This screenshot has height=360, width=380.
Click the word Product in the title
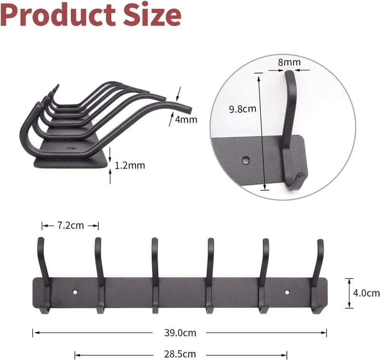58,15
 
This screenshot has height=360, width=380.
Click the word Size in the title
152,15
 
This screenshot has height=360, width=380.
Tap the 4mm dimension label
186,119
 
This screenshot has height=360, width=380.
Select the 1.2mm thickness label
130,165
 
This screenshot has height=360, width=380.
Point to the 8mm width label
289,62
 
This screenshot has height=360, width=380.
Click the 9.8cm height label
243,109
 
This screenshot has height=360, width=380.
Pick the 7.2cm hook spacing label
70,225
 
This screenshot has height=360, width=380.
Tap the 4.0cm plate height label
366,293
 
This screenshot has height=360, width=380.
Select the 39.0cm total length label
180,333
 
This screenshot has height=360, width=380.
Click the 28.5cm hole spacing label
180,354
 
